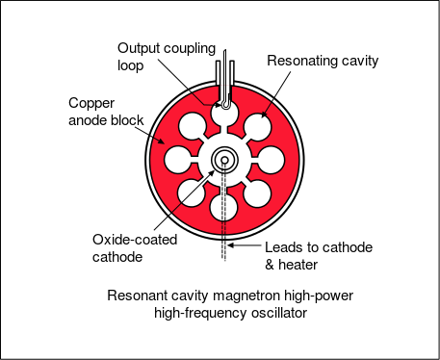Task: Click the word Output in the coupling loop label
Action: coord(139,48)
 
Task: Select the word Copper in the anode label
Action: coord(91,104)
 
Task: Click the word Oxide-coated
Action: coord(135,240)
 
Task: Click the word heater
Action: coord(298,265)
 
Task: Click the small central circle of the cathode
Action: coord(224,160)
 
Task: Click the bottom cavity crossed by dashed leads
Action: coord(223,207)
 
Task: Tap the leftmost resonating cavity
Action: coord(178,160)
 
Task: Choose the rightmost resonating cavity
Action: coord(271,160)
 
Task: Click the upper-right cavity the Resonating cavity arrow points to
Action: coord(257,127)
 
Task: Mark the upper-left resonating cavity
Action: coord(192,126)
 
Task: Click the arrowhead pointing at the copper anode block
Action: coord(161,141)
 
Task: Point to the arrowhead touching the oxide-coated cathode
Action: coord(212,173)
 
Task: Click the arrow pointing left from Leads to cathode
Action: coord(245,245)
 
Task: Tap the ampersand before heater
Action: coord(270,265)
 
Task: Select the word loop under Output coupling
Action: coord(130,66)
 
